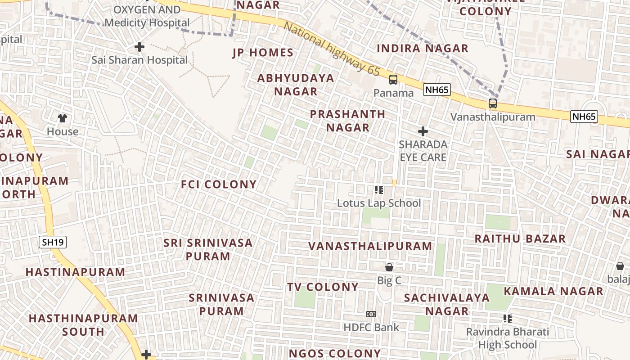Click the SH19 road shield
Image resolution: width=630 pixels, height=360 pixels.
53,242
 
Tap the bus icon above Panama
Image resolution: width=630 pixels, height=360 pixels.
393,80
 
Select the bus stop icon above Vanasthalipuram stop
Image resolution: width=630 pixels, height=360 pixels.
493,103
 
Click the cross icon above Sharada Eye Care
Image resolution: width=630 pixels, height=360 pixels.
423,131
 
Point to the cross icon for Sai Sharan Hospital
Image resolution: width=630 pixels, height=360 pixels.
139,46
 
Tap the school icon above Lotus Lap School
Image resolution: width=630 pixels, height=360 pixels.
379,190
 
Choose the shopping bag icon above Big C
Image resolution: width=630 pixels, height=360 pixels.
389,267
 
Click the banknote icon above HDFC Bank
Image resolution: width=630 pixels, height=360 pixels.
371,314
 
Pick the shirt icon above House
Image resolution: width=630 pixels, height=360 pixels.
63,118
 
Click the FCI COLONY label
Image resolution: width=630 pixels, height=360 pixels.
219,184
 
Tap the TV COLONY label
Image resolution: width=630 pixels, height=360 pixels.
323,287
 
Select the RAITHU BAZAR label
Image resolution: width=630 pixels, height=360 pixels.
520,238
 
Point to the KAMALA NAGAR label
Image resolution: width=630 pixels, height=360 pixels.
553,291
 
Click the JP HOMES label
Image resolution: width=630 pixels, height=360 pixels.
263,53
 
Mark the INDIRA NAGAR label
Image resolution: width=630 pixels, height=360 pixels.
423,48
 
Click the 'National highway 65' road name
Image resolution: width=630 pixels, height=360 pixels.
332,49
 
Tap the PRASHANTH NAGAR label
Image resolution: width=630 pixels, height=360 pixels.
348,121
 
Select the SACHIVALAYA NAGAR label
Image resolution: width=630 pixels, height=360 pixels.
447,304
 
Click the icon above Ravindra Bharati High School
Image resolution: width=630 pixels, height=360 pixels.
508,319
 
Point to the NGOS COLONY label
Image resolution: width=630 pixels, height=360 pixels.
335,353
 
